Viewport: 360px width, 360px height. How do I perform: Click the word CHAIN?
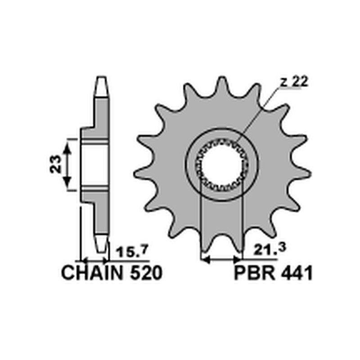click(92, 273)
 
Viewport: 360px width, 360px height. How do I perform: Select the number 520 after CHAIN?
click(145, 273)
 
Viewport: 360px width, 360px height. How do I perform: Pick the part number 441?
click(295, 273)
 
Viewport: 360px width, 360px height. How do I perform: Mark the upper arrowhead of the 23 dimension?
click(67, 144)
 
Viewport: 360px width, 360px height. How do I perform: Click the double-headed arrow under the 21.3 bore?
click(221, 259)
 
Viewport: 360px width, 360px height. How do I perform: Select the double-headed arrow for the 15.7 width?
click(94, 260)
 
